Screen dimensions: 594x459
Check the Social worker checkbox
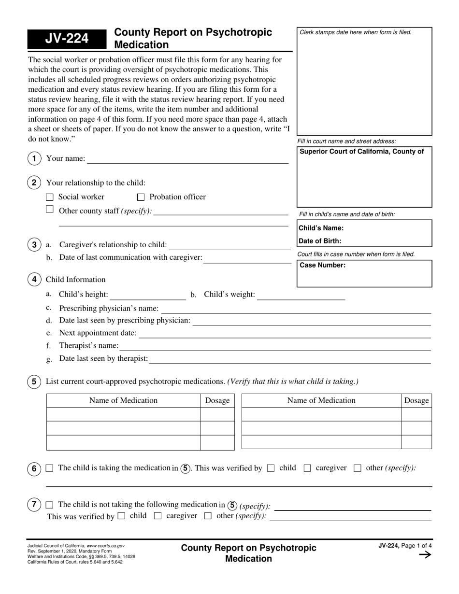pyautogui.click(x=49, y=197)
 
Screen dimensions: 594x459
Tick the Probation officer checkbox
pyautogui.click(x=141, y=197)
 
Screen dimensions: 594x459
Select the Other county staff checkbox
pyautogui.click(x=49, y=210)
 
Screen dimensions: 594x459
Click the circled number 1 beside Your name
pyautogui.click(x=34, y=158)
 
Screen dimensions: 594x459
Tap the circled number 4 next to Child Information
pyautogui.click(x=34, y=280)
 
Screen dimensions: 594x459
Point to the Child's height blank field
pyautogui.click(x=148, y=296)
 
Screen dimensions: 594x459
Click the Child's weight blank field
pyautogui.click(x=301, y=296)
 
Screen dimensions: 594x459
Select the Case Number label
pyautogui.click(x=322, y=265)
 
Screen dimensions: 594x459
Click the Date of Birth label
pyautogui.click(x=320, y=241)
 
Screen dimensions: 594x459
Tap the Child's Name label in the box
pyautogui.click(x=321, y=228)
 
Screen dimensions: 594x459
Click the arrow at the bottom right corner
pyautogui.click(x=425, y=555)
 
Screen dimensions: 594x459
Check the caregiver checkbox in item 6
pyautogui.click(x=307, y=468)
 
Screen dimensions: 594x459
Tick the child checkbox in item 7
pyautogui.click(x=121, y=516)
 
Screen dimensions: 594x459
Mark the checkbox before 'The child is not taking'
pyautogui.click(x=49, y=505)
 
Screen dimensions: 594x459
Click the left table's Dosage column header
pyautogui.click(x=217, y=400)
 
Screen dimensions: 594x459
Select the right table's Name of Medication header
pyautogui.click(x=321, y=400)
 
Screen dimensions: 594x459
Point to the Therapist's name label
pyautogui.click(x=88, y=345)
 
